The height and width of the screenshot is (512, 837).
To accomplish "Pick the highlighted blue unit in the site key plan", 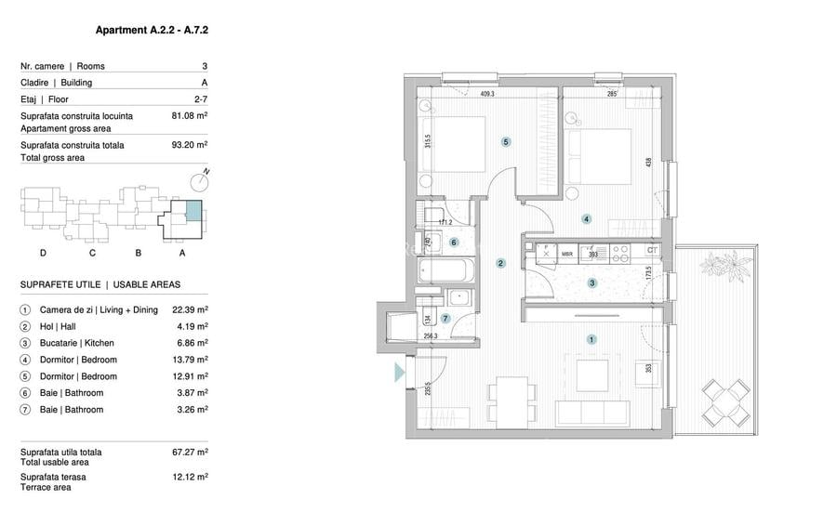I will (192, 210).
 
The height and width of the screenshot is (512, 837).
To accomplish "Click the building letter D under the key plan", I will (43, 253).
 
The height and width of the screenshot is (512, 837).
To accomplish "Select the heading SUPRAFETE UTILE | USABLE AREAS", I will (100, 284).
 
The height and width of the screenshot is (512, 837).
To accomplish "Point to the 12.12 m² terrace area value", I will (191, 476).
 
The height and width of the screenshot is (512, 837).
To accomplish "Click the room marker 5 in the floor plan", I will (505, 142).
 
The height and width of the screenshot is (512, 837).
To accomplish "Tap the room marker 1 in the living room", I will (591, 339).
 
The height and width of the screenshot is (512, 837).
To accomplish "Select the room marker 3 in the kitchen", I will (591, 283).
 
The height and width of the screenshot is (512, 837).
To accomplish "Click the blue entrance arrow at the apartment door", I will (399, 374).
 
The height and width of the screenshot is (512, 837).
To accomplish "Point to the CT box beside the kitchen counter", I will (652, 250).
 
